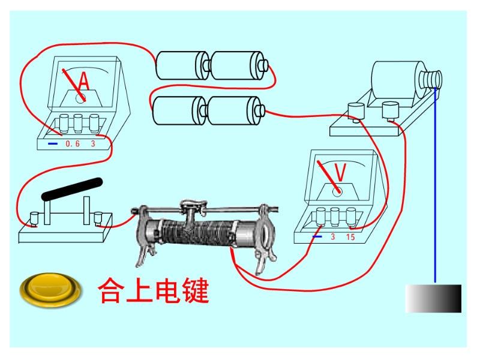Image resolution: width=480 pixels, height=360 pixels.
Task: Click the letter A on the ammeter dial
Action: tap(83, 80)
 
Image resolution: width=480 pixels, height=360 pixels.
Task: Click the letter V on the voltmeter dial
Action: tap(340, 172)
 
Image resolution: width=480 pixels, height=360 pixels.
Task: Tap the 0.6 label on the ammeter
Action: tap(73, 144)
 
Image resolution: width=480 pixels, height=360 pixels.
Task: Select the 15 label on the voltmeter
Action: tap(350, 237)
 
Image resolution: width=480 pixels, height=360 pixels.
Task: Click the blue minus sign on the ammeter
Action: tap(53, 144)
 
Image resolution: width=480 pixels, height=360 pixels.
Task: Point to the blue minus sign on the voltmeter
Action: tap(317, 237)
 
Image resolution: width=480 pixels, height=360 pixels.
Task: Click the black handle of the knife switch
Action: tap(72, 188)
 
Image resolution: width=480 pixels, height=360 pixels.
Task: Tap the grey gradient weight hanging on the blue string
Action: tap(433, 298)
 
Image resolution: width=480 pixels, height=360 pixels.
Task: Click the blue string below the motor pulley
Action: tap(436, 192)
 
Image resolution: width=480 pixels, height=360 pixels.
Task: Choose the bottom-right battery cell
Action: tap(235, 110)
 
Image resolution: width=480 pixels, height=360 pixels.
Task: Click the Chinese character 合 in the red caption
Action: tap(111, 291)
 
